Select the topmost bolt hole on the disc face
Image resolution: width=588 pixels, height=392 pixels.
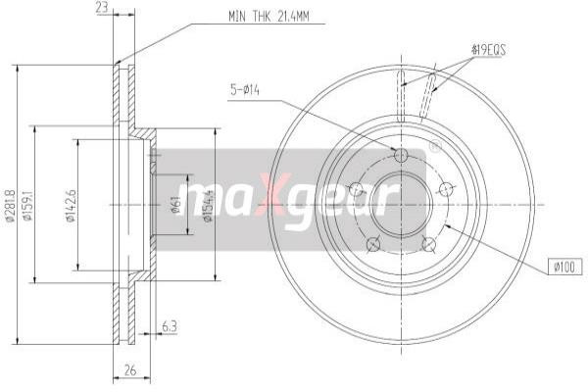click(x=401, y=156)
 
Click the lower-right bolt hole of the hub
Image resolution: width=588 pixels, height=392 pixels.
click(x=427, y=243)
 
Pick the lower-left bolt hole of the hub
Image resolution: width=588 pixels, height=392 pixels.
click(x=373, y=243)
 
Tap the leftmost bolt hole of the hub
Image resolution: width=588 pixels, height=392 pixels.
click(x=357, y=189)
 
